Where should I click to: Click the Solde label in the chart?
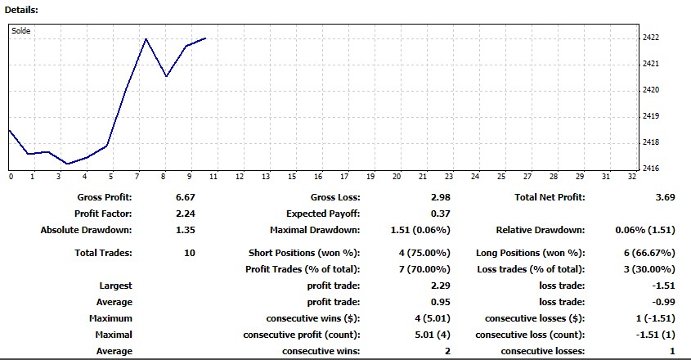(x=21, y=31)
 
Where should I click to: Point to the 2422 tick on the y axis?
(x=652, y=38)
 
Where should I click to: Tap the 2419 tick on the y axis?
(x=652, y=116)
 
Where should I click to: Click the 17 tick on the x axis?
(x=318, y=176)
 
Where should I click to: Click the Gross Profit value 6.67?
(x=186, y=197)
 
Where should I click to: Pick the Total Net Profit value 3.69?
(x=665, y=197)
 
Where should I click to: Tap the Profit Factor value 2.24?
(x=186, y=214)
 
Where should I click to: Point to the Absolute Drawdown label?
(x=86, y=230)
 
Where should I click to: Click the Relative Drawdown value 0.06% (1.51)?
(x=644, y=230)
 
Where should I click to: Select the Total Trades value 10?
(x=190, y=253)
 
